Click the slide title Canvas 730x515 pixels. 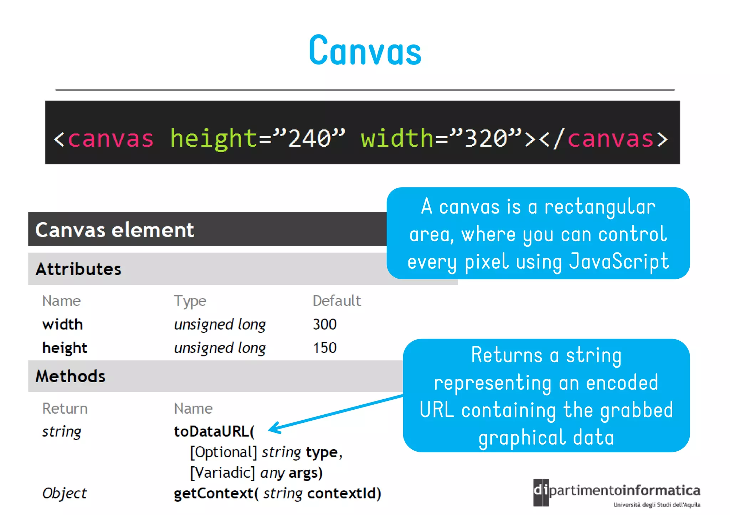pyautogui.click(x=365, y=51)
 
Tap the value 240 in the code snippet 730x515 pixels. pyautogui.click(x=309, y=138)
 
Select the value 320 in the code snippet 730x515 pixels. pyautogui.click(x=486, y=138)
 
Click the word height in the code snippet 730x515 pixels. pyautogui.click(x=213, y=138)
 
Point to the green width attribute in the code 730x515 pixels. pyautogui.click(x=397, y=138)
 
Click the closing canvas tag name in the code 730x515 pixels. pyautogui.click(x=610, y=138)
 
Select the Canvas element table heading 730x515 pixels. pyautogui.click(x=115, y=230)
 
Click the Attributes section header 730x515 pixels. pyautogui.click(x=78, y=269)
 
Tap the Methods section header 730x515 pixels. pyautogui.click(x=71, y=376)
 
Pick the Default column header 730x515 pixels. pyautogui.click(x=336, y=301)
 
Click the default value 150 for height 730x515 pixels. pyautogui.click(x=324, y=348)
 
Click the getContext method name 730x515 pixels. pyautogui.click(x=213, y=493)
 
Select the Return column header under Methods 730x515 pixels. pyautogui.click(x=65, y=409)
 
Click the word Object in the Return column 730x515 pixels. pyautogui.click(x=64, y=493)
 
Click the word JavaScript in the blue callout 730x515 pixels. pyautogui.click(x=619, y=261)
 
